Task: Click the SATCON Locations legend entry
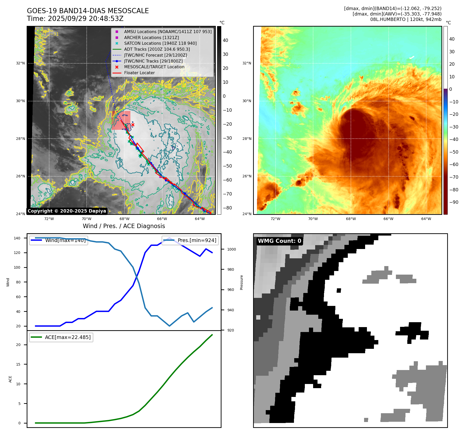(x=160, y=43)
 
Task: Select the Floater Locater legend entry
(x=139, y=73)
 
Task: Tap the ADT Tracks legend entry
(x=157, y=49)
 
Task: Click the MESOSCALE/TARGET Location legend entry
(x=154, y=67)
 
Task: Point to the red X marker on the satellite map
(x=133, y=125)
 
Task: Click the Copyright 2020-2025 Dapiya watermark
(x=67, y=211)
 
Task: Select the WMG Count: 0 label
(x=279, y=241)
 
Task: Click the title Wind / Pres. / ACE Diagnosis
(x=124, y=226)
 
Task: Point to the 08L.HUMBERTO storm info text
(x=405, y=19)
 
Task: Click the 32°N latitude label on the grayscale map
(x=20, y=63)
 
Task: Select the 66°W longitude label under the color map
(x=388, y=219)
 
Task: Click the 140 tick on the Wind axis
(x=17, y=238)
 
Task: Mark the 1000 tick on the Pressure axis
(x=231, y=249)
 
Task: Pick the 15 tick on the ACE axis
(x=18, y=364)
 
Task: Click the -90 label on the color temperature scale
(x=454, y=202)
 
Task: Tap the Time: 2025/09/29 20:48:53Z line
(x=75, y=19)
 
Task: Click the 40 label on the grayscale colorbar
(x=225, y=40)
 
